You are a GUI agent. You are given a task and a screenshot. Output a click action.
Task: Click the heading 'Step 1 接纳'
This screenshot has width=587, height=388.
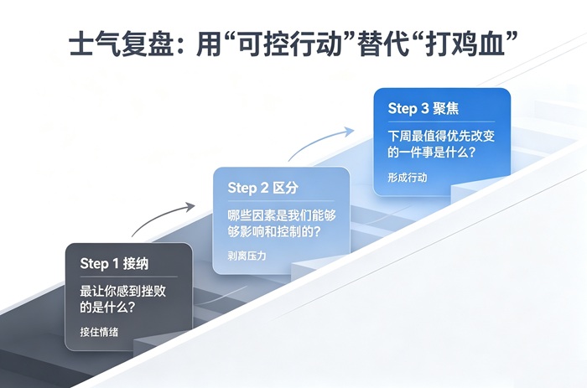[x=114, y=264]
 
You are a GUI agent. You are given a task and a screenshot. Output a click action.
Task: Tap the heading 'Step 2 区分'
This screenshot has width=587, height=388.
[x=262, y=188]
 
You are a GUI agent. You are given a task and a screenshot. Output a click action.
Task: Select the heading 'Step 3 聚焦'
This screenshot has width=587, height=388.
[x=423, y=108]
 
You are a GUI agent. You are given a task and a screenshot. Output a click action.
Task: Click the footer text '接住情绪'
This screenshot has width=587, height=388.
[x=99, y=332]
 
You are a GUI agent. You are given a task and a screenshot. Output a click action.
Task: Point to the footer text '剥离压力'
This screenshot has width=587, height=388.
[x=247, y=256]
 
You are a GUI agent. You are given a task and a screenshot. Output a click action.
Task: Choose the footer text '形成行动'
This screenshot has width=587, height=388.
[x=408, y=178]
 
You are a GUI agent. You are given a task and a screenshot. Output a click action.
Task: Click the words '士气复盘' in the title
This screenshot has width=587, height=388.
[x=122, y=44]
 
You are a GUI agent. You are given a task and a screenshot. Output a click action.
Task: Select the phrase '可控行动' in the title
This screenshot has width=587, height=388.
[x=290, y=44]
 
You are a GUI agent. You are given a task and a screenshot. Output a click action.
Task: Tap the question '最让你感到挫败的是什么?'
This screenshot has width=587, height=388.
[x=122, y=299]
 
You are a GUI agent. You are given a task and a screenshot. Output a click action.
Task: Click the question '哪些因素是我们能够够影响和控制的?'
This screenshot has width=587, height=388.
[x=282, y=224]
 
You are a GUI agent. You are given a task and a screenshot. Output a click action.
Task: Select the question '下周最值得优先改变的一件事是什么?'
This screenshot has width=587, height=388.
[x=441, y=144]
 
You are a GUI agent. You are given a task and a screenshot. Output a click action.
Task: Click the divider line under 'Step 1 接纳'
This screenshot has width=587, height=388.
[x=129, y=277]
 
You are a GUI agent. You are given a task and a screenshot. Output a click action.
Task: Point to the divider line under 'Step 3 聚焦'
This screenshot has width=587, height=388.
[x=441, y=122]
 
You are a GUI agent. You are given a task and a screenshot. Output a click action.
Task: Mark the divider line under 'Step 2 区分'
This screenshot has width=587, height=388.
[x=281, y=201]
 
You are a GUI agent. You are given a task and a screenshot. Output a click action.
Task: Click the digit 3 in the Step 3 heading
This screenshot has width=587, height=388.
[x=424, y=108]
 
